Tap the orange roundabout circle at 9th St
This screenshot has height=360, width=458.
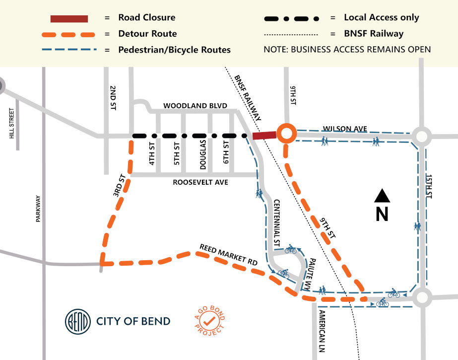(286, 133)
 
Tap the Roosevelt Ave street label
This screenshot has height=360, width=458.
(200, 182)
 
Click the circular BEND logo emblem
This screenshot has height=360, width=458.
(78, 321)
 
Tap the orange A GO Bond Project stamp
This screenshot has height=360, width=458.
(209, 321)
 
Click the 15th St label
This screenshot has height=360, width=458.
(429, 186)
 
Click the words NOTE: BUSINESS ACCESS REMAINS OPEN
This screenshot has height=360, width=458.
(347, 50)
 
